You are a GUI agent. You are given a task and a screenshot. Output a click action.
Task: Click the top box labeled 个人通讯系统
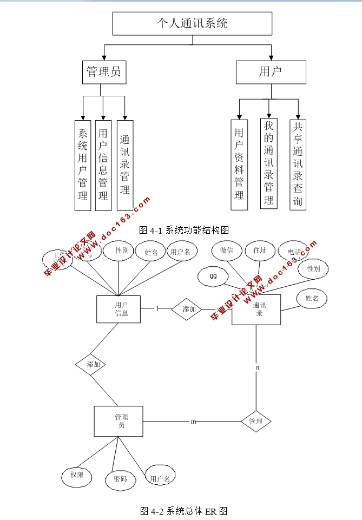click(x=192, y=23)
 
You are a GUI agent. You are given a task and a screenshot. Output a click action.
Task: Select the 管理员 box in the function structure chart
click(x=104, y=71)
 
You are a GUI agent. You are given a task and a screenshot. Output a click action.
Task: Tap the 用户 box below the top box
click(x=271, y=71)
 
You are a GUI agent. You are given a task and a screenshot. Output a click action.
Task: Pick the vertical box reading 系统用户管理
click(x=83, y=165)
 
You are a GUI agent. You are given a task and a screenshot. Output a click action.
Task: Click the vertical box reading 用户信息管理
click(x=103, y=165)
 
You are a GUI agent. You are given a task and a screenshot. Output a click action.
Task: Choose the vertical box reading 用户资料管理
click(x=239, y=164)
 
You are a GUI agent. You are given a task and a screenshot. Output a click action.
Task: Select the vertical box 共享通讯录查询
click(x=298, y=164)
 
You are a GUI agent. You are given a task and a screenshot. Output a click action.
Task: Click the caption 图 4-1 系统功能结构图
click(x=181, y=230)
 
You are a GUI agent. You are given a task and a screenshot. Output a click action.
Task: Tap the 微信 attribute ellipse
click(x=226, y=251)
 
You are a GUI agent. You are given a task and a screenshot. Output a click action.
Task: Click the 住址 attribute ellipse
click(x=260, y=251)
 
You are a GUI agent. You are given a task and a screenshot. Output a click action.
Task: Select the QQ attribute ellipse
click(x=213, y=276)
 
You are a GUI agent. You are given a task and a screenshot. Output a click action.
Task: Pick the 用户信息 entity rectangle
click(x=119, y=309)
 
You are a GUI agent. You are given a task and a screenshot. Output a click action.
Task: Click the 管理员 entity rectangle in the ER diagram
click(x=119, y=421)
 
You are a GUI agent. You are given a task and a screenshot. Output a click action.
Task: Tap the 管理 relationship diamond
click(x=255, y=421)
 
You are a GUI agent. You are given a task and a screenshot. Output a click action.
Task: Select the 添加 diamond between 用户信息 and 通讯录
click(x=187, y=309)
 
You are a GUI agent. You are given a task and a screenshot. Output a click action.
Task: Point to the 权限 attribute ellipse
click(x=76, y=475)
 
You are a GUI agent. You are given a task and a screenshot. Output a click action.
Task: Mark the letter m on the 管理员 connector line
click(x=193, y=422)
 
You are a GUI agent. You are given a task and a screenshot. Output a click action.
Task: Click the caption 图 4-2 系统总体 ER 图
click(x=183, y=510)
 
